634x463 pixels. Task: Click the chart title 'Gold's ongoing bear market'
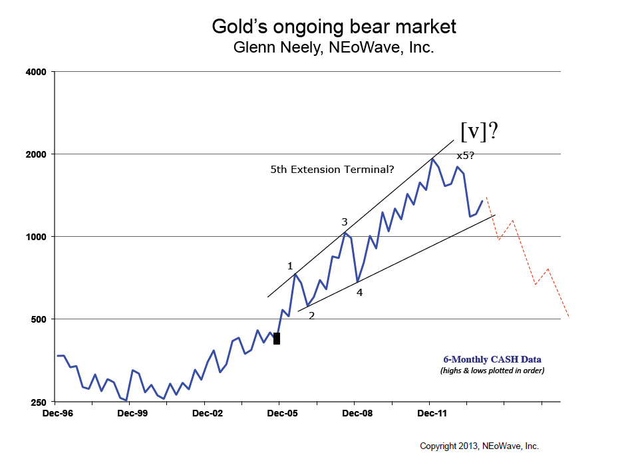pyautogui.click(x=333, y=27)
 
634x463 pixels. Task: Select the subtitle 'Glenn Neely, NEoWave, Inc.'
pyautogui.click(x=333, y=48)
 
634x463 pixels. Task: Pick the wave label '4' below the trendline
pyautogui.click(x=359, y=291)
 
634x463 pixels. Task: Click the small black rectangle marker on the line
pyautogui.click(x=277, y=339)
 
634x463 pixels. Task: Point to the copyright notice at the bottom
pyautogui.click(x=479, y=446)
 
